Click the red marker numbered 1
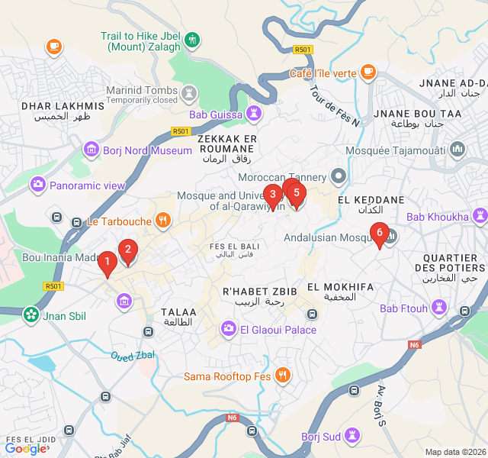point(108,263)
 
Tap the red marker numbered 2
point(128,250)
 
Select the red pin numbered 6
point(379,233)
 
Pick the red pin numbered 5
point(297,194)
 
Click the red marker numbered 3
point(272,195)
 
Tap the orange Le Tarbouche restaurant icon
point(162,221)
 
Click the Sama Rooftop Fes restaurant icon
point(283,376)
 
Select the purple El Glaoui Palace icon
point(228,330)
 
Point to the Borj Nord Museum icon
point(91,150)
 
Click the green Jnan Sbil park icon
point(30,314)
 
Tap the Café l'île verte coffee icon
point(368,73)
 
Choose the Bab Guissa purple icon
point(254,114)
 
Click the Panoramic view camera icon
point(37,185)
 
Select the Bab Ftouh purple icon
point(439,308)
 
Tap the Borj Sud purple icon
point(352,436)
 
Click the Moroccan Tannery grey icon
point(338,177)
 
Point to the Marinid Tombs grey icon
point(188,93)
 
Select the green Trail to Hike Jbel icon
point(193,40)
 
